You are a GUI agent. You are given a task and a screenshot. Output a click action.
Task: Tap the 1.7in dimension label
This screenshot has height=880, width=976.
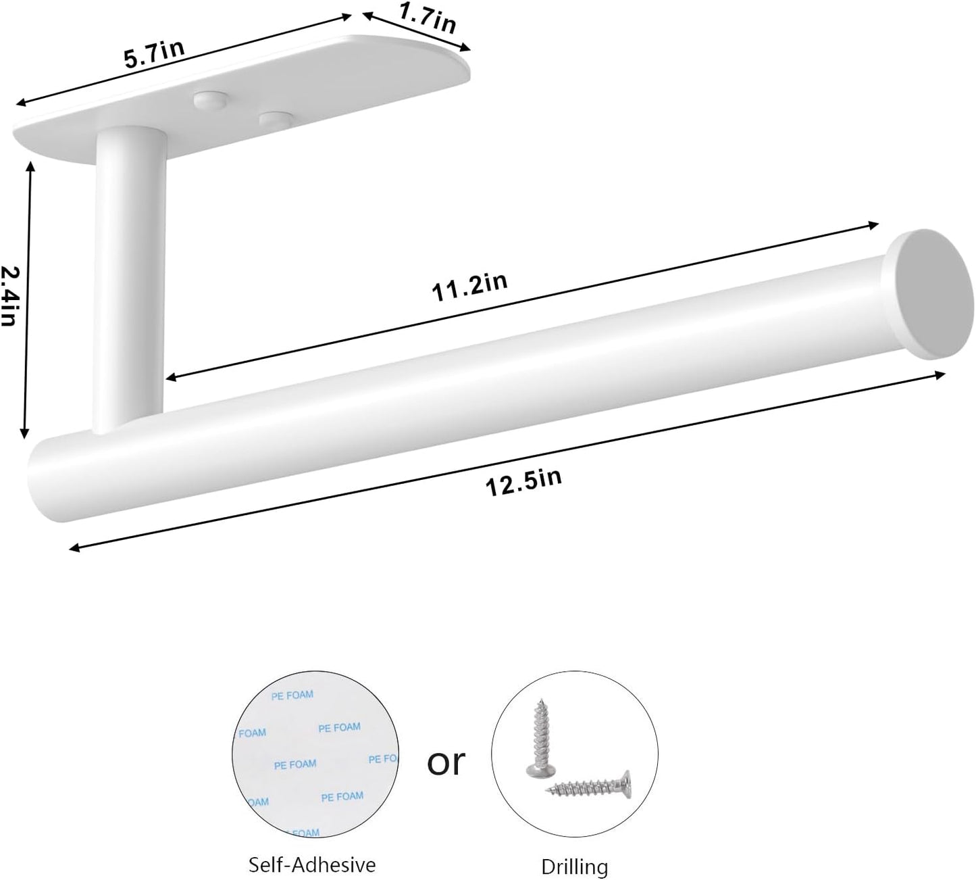click(x=428, y=18)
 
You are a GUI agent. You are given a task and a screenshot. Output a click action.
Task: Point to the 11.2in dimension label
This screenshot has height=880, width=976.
click(x=469, y=287)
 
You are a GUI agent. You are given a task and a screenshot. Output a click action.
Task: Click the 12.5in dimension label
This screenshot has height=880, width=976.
click(x=523, y=482)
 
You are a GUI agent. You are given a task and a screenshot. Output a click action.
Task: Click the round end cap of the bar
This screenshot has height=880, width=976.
click(x=931, y=295)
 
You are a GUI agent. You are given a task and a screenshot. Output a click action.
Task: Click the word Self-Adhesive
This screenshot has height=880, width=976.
click(x=312, y=864)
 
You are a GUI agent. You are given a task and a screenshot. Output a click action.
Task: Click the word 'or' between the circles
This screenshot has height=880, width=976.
click(x=446, y=761)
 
